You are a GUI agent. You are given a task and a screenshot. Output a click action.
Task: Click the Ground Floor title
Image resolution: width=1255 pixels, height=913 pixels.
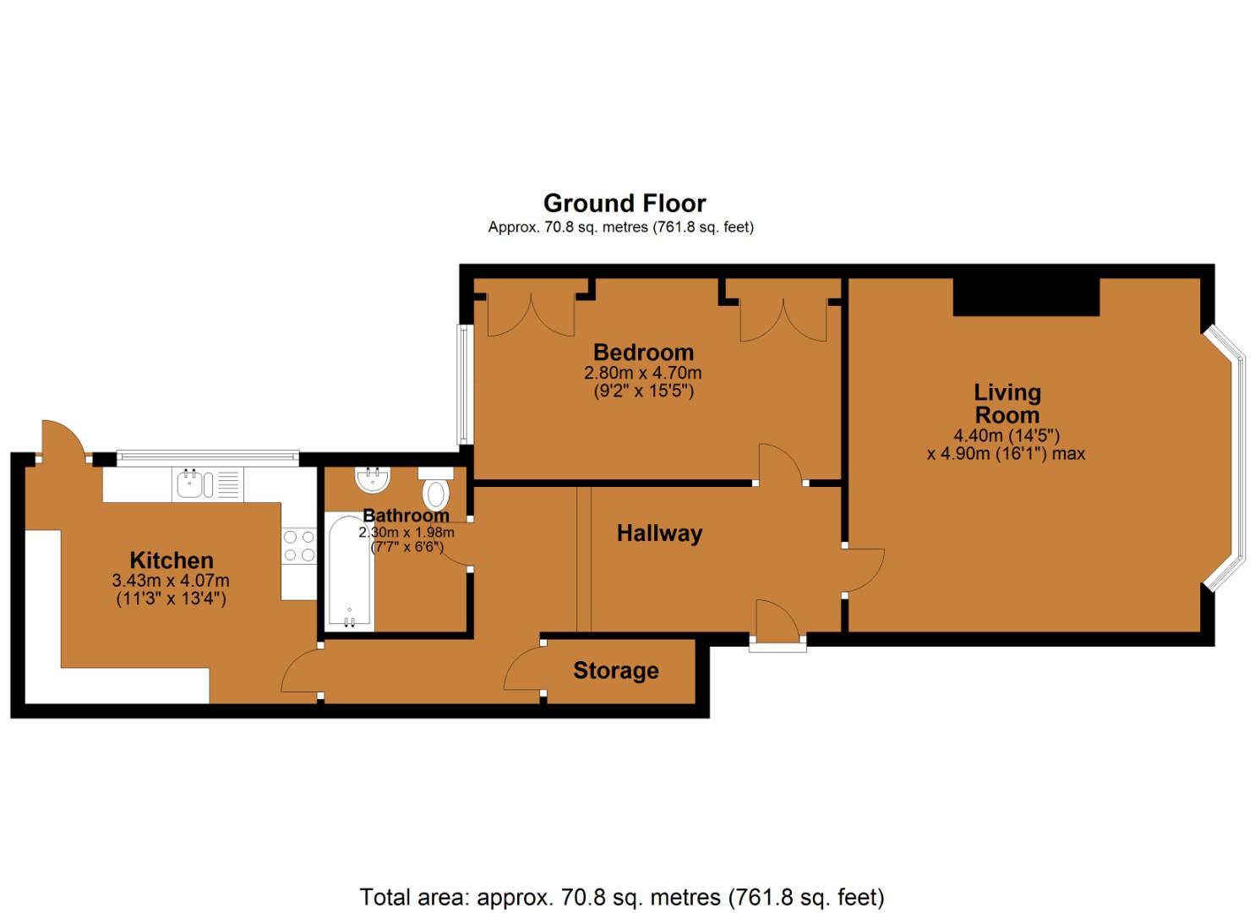625,203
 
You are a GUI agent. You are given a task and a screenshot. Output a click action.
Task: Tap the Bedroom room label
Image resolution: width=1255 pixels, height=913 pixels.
643,352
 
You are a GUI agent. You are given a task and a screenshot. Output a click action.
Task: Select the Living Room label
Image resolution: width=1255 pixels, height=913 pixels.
1007,403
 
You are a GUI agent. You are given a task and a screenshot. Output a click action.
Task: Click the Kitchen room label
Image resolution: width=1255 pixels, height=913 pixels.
172,560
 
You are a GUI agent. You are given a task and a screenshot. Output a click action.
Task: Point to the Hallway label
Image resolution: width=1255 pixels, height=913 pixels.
659,533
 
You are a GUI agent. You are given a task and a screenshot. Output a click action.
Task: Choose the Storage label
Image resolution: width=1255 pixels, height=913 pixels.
615,670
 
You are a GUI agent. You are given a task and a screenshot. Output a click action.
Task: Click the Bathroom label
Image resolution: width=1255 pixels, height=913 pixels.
406,515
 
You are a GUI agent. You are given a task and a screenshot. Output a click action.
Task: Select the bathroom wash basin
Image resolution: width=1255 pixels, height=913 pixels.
373,479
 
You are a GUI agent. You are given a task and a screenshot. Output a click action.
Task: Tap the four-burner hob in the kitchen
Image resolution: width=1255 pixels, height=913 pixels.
299,545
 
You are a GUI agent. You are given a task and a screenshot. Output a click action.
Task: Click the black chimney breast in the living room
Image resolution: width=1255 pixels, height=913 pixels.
1026,297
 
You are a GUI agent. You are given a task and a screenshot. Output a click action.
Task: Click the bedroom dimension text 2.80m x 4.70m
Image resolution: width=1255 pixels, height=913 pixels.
642,373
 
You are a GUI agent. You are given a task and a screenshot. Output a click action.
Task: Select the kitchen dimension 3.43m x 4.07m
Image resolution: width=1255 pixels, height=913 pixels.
171,581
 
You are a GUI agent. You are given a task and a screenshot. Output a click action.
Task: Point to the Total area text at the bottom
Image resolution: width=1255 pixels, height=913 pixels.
622,896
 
